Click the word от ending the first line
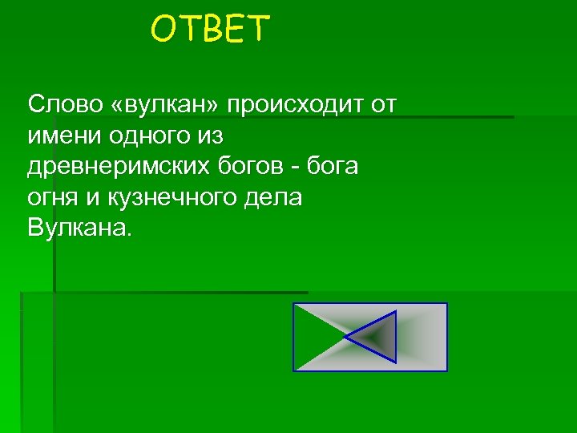(384, 104)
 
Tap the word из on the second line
(206, 136)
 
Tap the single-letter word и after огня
(92, 198)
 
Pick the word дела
(272, 198)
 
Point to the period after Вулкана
(124, 236)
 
